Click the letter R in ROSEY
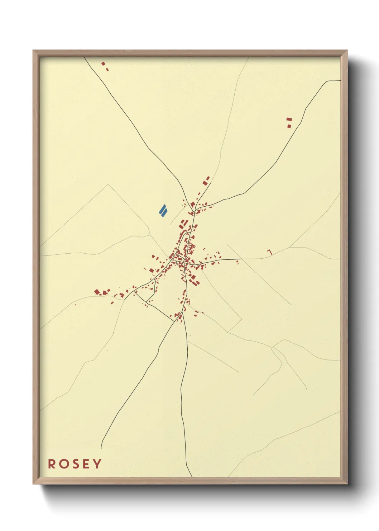pyautogui.click(x=52, y=464)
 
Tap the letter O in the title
pyautogui.click(x=63, y=464)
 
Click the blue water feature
pyautogui.click(x=163, y=211)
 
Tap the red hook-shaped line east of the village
pyautogui.click(x=270, y=252)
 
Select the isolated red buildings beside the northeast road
pyautogui.click(x=289, y=122)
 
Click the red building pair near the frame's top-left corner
pyautogui.click(x=105, y=66)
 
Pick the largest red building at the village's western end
pyautogui.click(x=97, y=292)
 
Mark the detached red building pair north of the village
pyautogui.click(x=206, y=180)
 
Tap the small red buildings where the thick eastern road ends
pyautogui.click(x=237, y=262)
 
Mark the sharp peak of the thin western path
pyautogui.click(x=109, y=184)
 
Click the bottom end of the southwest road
pyautogui.click(x=101, y=448)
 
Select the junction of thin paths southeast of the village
pyautogui.click(x=272, y=347)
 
